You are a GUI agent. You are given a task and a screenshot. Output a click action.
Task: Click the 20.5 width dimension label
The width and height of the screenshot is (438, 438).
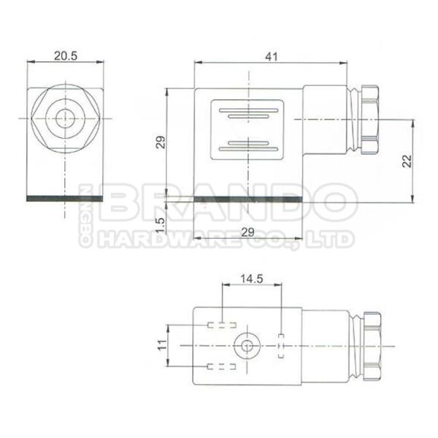(65, 55)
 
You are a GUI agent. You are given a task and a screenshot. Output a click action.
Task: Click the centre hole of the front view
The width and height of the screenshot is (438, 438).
(66, 116)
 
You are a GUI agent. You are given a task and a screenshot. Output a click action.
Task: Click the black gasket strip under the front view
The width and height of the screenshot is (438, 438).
(66, 199)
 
